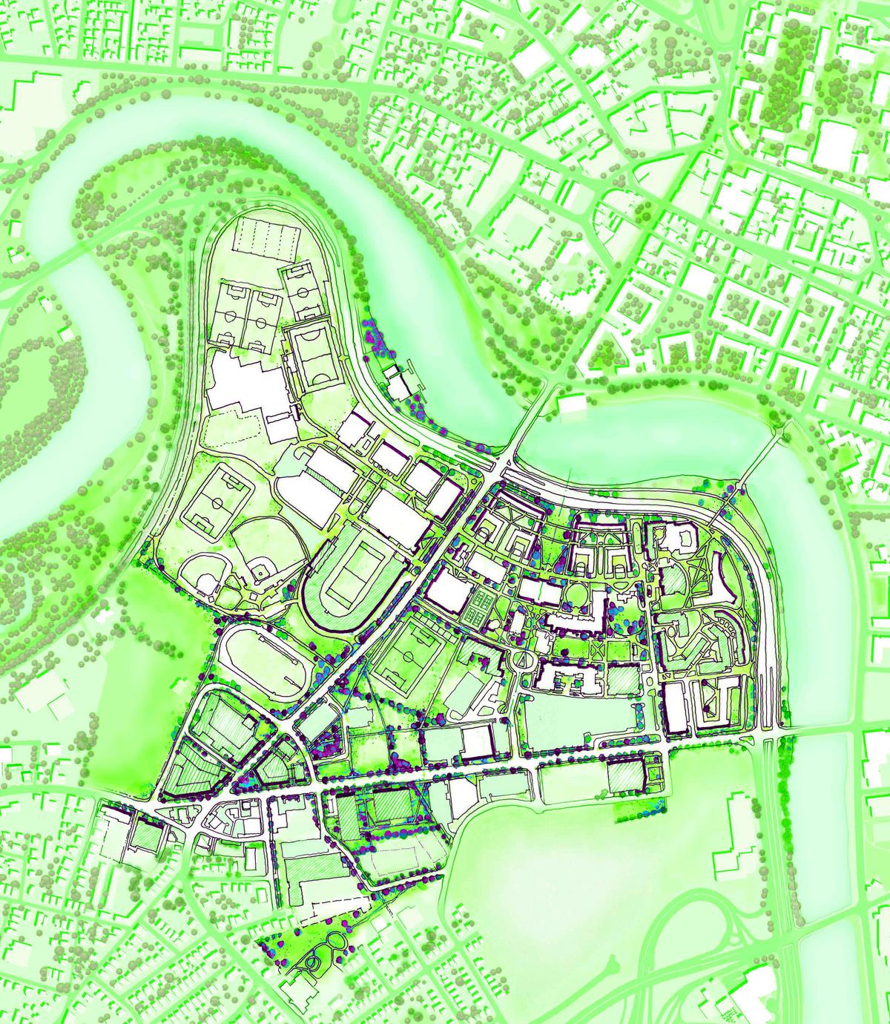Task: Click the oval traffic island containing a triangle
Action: pos(524,659)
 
